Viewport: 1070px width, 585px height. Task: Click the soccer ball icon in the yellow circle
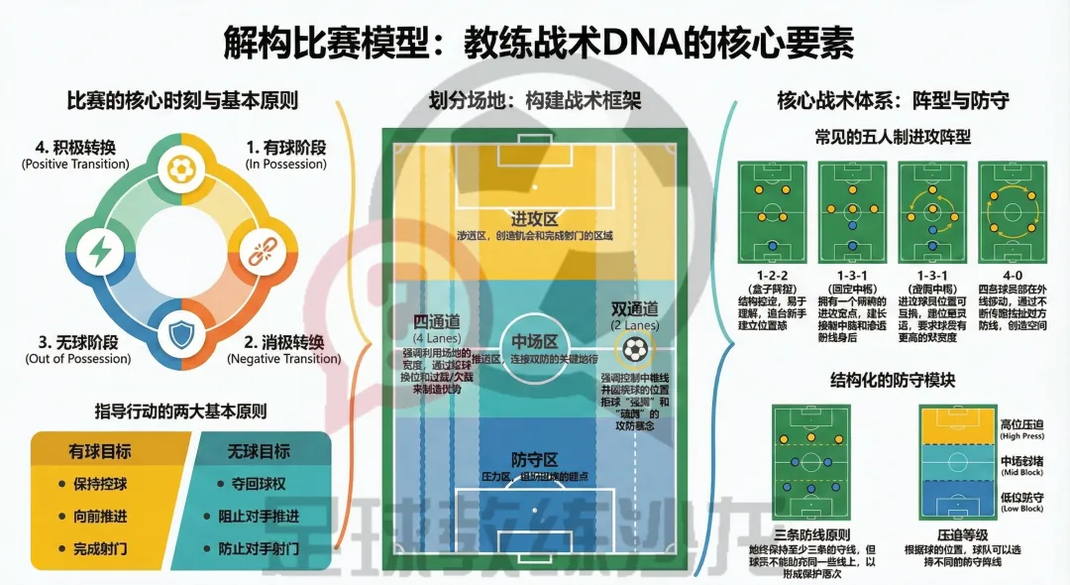(x=180, y=168)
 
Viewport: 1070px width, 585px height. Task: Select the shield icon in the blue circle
(x=180, y=333)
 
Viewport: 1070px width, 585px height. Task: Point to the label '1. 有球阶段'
(x=285, y=148)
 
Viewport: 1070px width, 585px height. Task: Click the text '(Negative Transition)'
(x=283, y=359)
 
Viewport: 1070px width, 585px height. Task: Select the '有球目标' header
(x=100, y=451)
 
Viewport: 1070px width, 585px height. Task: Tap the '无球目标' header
(x=260, y=451)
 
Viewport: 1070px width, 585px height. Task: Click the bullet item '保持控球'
(x=107, y=485)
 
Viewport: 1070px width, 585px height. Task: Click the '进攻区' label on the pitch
(x=534, y=218)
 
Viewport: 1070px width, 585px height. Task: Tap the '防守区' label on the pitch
(x=535, y=459)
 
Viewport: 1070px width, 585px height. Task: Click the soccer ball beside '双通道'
(x=634, y=348)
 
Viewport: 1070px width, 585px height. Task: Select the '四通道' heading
(x=437, y=321)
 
